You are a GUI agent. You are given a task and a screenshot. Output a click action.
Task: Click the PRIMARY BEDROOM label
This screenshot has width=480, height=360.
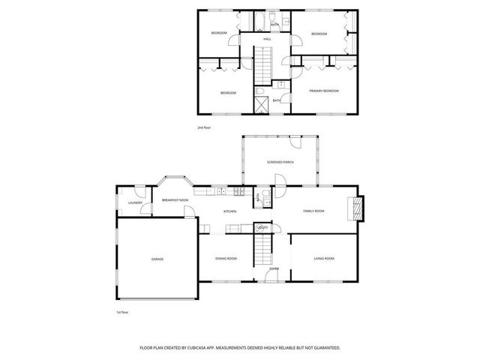click(x=324, y=91)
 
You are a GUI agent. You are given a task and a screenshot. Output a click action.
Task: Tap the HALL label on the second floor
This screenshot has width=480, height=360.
click(x=266, y=39)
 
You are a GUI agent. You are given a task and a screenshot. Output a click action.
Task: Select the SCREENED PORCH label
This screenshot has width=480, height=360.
click(x=279, y=162)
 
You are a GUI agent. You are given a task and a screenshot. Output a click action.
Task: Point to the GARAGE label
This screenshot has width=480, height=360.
click(x=157, y=259)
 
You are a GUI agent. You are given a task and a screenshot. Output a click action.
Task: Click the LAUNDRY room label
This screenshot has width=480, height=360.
click(x=135, y=202)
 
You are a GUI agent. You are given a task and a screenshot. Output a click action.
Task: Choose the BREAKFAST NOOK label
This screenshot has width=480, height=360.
click(x=174, y=200)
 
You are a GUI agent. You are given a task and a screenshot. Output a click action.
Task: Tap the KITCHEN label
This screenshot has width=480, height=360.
click(x=229, y=211)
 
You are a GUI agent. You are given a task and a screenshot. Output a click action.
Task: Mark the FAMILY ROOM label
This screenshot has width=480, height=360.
click(x=313, y=211)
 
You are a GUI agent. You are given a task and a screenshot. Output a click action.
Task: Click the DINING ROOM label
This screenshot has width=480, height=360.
click(x=226, y=259)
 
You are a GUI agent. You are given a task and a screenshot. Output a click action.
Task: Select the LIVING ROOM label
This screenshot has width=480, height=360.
click(x=323, y=259)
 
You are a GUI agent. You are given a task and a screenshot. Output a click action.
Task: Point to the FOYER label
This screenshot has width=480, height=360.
click(x=274, y=268)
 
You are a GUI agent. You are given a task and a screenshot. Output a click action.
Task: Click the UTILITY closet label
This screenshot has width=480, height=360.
click(x=262, y=226)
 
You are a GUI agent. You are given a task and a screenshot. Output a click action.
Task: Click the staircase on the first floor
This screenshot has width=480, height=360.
click(x=262, y=247)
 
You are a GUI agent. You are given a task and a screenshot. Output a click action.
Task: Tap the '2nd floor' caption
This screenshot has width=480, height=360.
click(x=204, y=128)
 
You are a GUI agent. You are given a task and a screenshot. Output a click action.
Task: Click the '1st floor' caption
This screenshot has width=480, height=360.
click(x=123, y=311)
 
